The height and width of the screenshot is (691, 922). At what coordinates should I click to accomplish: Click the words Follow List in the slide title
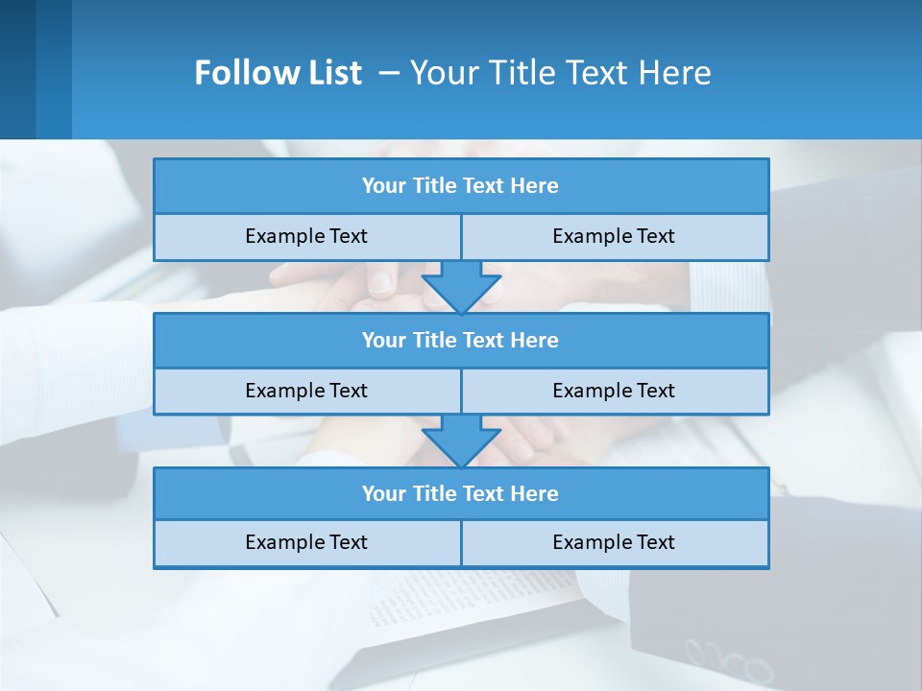coord(278,73)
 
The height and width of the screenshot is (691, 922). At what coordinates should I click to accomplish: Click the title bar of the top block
coord(461,186)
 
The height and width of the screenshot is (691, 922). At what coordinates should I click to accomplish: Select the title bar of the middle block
coord(461,340)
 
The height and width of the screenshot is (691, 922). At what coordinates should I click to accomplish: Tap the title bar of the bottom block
coord(461,493)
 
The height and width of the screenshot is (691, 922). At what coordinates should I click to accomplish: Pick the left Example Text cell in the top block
coord(306,236)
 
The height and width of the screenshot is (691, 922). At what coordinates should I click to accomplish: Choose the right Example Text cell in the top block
coord(614,236)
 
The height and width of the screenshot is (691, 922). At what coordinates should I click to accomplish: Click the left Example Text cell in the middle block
coord(306,391)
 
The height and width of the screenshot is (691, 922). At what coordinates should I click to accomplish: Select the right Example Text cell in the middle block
coord(614,391)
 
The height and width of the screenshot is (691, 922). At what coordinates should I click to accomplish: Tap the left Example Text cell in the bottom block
coord(306,542)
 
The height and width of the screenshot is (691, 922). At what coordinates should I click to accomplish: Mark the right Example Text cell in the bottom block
coord(614,542)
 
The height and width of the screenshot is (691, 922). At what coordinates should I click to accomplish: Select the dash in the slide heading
coord(388,73)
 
